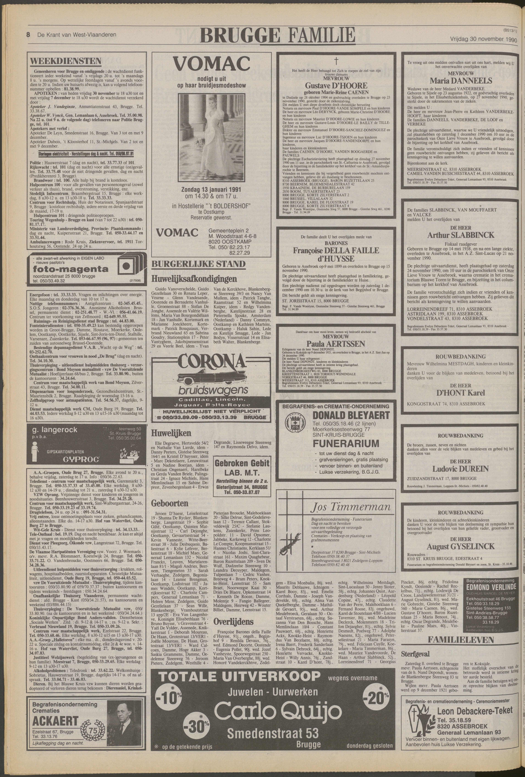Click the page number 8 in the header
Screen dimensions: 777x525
29,34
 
